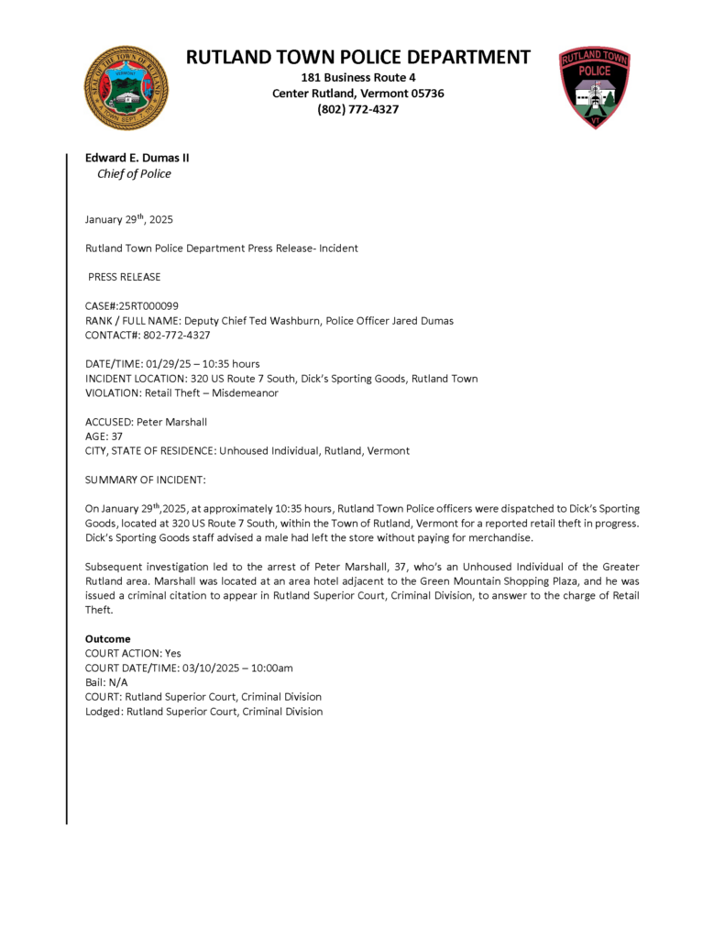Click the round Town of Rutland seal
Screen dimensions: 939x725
pos(126,87)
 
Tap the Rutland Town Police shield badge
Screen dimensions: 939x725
pos(595,87)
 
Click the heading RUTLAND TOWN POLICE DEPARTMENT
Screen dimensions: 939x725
pos(357,57)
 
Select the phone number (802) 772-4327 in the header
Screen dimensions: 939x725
pos(357,109)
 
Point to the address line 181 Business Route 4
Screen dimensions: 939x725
pos(357,77)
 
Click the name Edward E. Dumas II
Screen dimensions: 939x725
pos(137,158)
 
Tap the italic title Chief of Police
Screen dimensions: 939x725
pos(134,174)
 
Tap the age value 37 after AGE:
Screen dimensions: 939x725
pos(116,436)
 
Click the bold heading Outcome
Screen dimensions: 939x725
pos(107,638)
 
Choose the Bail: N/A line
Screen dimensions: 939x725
pos(106,682)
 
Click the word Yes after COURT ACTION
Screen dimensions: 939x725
pos(173,653)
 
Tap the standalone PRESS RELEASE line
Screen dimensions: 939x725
pos(124,276)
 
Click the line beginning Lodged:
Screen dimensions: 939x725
pos(203,712)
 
